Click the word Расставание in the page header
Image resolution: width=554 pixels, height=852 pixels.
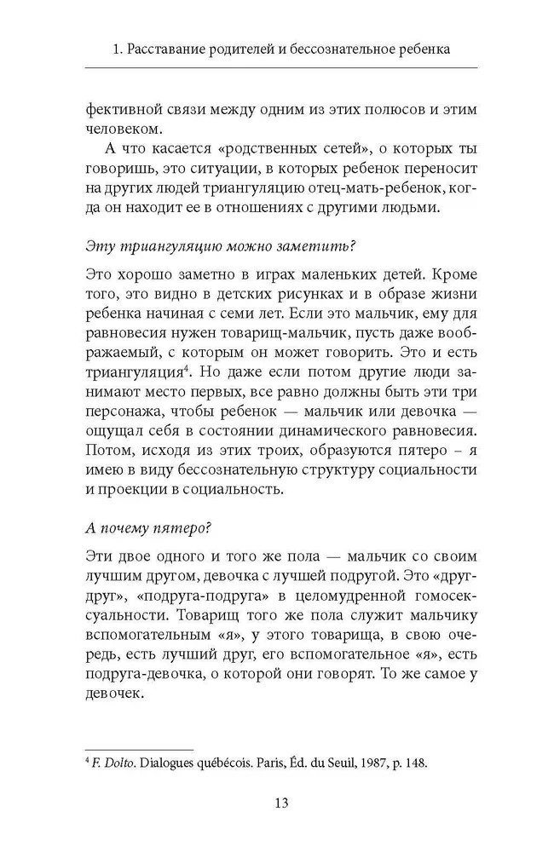click(169, 50)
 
